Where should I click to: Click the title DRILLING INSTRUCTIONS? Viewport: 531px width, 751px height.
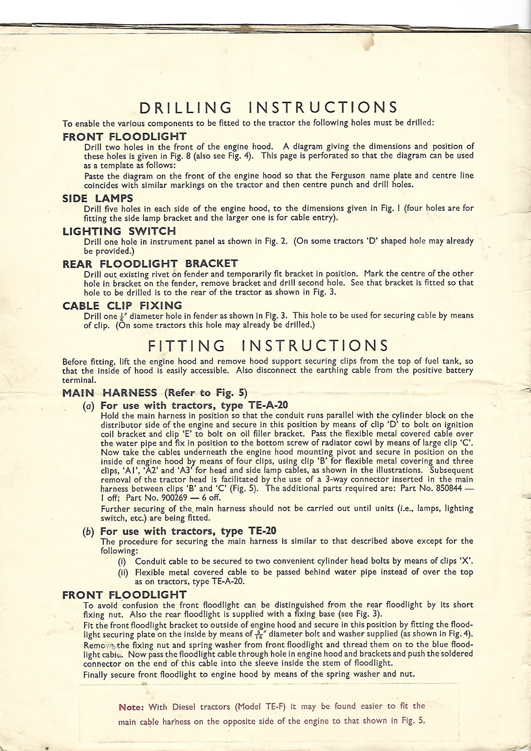click(x=268, y=107)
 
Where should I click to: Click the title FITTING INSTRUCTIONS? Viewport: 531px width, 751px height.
click(x=268, y=345)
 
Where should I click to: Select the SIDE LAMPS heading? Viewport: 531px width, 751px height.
click(x=98, y=198)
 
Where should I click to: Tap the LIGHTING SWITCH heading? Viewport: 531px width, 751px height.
click(x=119, y=231)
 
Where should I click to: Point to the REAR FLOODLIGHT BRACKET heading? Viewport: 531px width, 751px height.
click(x=150, y=264)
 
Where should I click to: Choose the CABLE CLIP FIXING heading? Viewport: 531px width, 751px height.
click(x=122, y=306)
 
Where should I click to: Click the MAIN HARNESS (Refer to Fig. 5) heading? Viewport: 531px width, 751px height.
click(x=154, y=393)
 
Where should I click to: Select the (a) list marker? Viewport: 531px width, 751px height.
click(x=88, y=406)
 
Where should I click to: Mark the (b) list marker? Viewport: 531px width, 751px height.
click(x=88, y=531)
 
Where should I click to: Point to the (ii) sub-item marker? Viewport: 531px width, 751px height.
click(x=123, y=572)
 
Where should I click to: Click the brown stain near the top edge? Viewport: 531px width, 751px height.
click(x=370, y=43)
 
